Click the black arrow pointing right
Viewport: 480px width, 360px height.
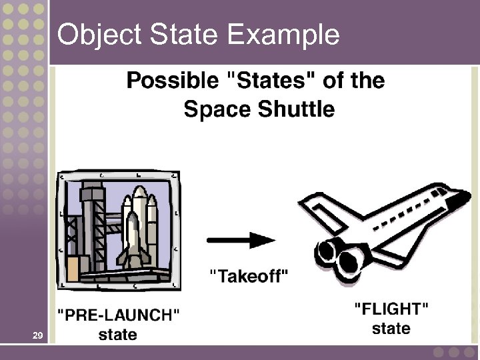click(241, 239)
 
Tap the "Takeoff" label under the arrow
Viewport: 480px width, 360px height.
click(249, 276)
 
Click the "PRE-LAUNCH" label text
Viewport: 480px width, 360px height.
click(118, 315)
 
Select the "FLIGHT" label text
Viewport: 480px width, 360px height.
click(391, 309)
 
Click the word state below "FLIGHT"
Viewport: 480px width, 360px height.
click(391, 329)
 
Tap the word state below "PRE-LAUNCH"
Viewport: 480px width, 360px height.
click(117, 334)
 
